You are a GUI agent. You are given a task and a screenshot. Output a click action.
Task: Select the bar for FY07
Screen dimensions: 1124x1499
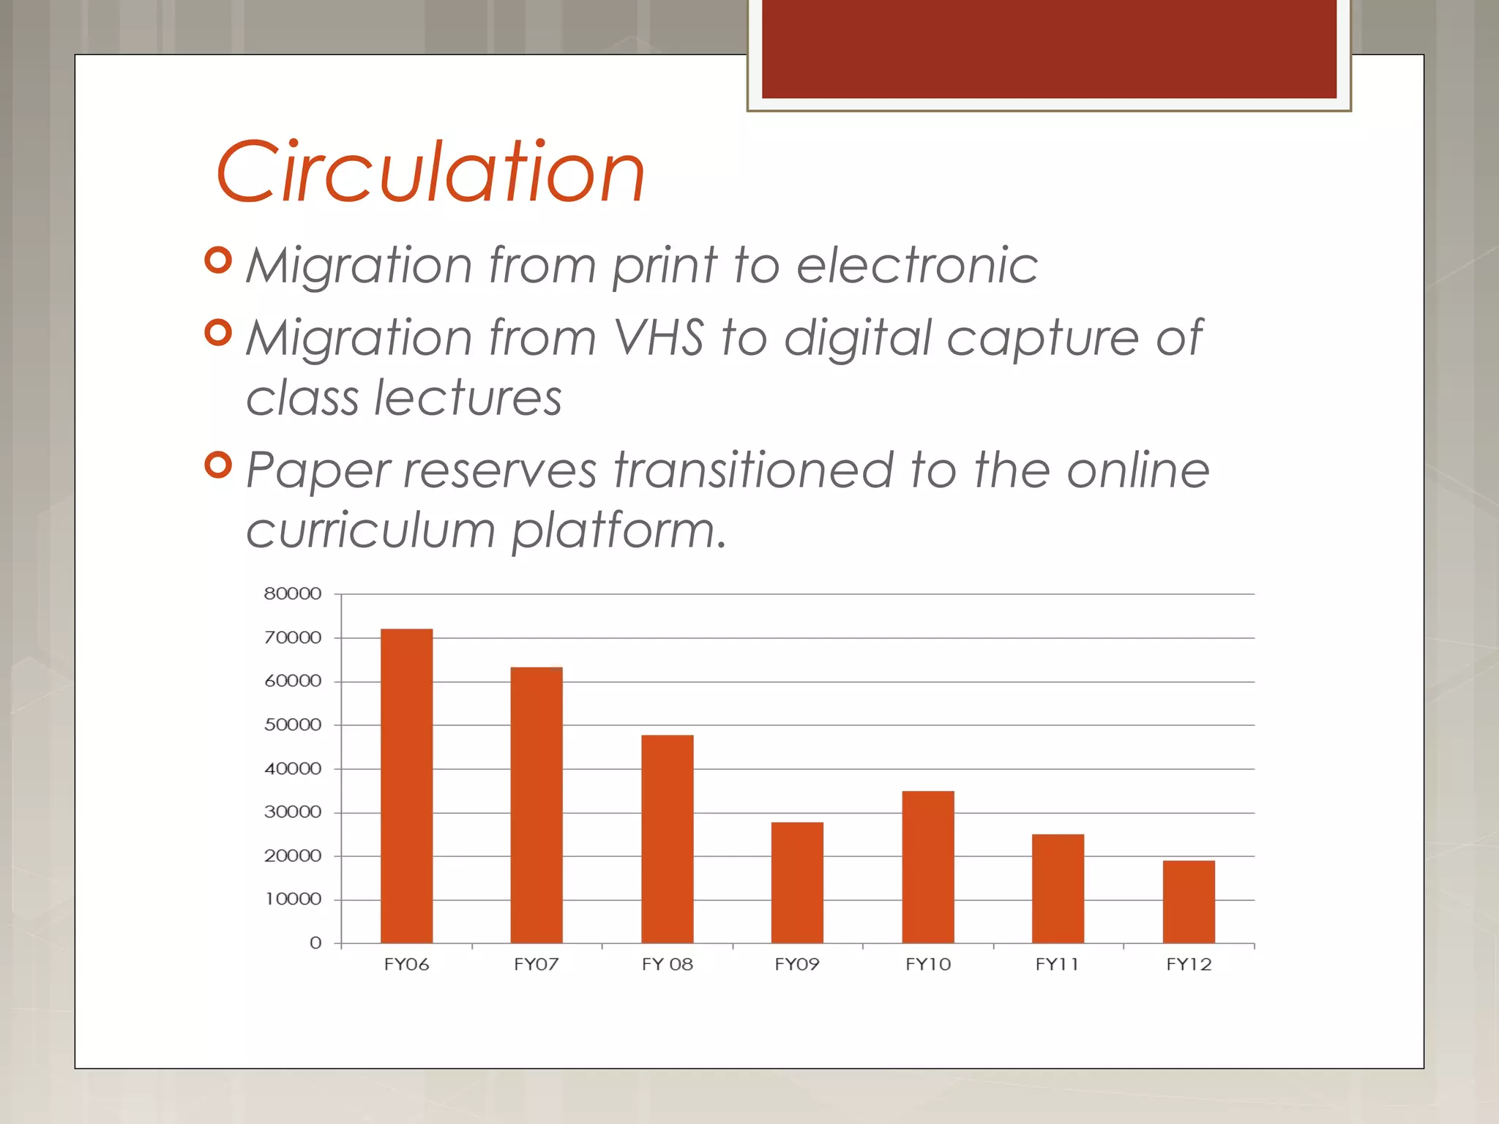pos(537,805)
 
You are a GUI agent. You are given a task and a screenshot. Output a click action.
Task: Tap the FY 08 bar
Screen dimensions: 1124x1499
pos(667,839)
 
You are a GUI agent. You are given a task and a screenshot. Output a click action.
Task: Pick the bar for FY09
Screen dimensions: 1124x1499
pos(797,883)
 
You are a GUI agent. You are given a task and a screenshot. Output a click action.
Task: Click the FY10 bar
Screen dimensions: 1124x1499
pos(927,866)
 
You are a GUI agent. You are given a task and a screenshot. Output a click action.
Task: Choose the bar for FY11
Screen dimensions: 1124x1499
pos(1058,888)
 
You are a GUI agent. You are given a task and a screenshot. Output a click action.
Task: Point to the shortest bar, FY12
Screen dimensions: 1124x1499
pos(1189,902)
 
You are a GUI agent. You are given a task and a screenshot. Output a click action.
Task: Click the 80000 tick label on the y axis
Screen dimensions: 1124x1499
pos(293,593)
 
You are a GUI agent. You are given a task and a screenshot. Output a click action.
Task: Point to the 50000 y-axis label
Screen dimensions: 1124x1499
pos(293,724)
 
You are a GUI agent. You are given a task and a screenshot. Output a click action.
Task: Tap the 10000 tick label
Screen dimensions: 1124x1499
pos(293,899)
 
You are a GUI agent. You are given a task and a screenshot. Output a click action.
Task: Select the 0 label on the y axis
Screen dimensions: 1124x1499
pos(315,943)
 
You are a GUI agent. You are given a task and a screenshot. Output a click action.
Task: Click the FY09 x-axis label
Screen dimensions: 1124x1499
pos(797,964)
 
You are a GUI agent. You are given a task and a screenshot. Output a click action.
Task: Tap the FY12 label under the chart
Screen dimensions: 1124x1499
pos(1189,964)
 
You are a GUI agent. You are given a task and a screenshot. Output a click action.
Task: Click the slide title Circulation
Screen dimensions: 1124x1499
pos(430,173)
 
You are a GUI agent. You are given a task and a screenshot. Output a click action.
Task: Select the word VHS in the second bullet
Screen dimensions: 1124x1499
pos(659,338)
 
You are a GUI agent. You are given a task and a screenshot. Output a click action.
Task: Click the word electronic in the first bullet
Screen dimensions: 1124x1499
pos(916,265)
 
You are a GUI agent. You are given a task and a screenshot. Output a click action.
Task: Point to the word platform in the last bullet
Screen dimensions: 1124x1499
pos(618,530)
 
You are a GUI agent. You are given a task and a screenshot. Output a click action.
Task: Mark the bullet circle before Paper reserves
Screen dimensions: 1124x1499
pos(218,464)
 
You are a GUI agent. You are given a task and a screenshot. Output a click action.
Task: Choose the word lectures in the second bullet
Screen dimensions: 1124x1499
pos(468,398)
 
